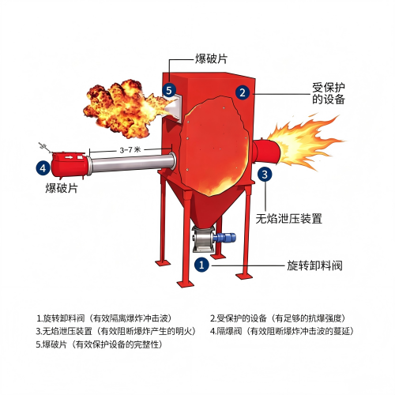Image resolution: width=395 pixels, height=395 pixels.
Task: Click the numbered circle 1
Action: (x=201, y=265)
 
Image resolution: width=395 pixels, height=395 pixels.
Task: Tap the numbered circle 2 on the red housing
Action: (x=243, y=92)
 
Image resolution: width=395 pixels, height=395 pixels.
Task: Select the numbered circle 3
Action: (x=265, y=174)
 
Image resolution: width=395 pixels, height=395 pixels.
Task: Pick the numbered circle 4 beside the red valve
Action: (x=43, y=167)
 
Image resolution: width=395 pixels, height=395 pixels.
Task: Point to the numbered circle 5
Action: (x=169, y=90)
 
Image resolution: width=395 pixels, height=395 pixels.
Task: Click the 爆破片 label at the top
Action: (x=211, y=58)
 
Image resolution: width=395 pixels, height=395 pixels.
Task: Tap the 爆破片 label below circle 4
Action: (x=62, y=188)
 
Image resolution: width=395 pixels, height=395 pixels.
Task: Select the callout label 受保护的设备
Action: (x=329, y=93)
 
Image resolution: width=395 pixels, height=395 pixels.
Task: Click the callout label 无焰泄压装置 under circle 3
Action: (x=289, y=219)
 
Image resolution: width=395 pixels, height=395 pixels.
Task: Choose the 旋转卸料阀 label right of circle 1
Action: (x=314, y=265)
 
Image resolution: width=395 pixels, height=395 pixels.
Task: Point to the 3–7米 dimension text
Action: (x=130, y=150)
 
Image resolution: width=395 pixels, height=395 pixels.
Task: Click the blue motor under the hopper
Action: (x=224, y=238)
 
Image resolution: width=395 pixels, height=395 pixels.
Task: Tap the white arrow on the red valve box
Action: (x=69, y=157)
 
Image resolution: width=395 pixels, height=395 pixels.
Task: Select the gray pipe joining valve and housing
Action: (x=132, y=164)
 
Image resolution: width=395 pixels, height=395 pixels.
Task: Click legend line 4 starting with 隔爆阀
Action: (x=282, y=331)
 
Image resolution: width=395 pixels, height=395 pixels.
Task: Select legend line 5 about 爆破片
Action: (x=99, y=344)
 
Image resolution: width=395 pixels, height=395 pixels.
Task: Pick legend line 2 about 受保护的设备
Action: (x=277, y=318)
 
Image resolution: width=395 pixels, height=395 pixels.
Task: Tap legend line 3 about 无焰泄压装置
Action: (x=116, y=331)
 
